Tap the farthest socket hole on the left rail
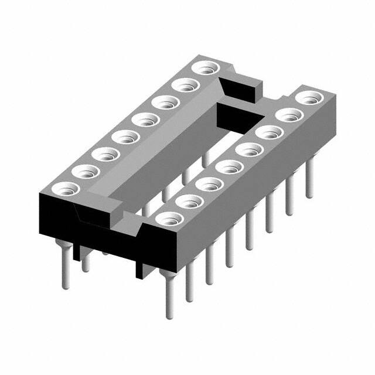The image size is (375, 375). point(204,69)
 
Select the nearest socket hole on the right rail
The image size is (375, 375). point(169,220)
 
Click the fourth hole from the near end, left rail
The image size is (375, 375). point(125,138)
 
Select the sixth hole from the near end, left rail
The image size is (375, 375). point(165,103)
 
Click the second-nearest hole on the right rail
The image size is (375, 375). point(189,202)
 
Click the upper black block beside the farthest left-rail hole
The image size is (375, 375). point(240,88)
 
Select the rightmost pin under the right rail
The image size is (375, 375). point(309,179)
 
